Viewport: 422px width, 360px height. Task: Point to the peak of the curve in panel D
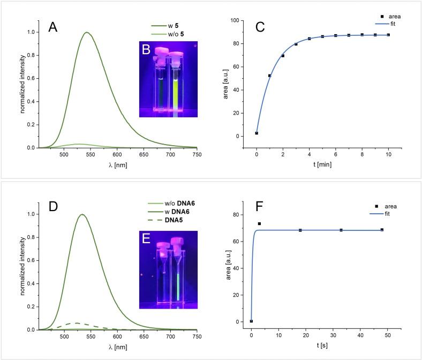82,214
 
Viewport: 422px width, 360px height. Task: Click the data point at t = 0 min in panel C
257,133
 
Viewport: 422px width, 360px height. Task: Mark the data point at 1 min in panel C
270,76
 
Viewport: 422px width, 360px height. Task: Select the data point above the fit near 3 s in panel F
259,223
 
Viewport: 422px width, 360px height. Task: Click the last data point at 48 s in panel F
382,230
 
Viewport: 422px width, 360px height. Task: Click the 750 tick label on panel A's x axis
196,155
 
